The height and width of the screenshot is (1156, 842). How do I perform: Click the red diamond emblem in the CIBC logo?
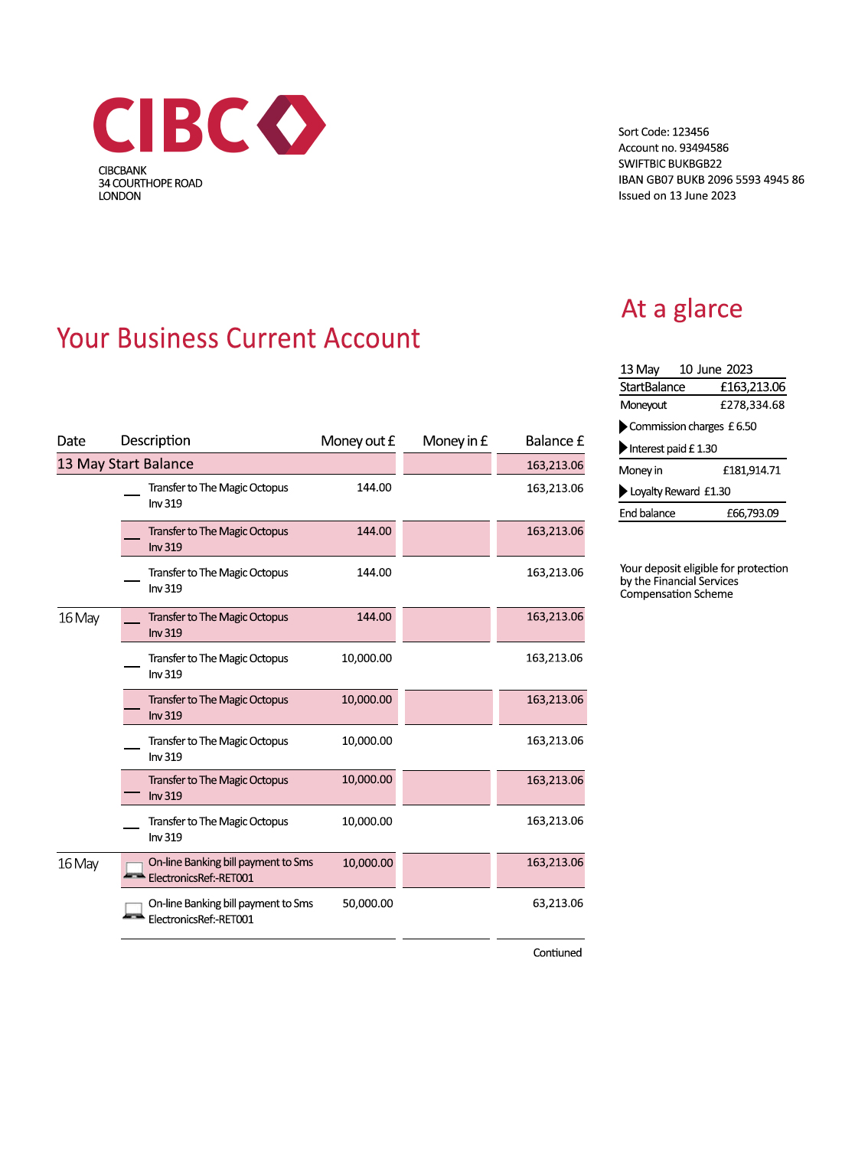pos(292,125)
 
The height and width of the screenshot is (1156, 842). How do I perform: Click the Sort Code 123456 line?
pos(663,132)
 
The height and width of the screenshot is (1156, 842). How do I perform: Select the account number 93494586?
pos(703,148)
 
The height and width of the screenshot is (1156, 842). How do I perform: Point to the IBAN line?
pos(710,179)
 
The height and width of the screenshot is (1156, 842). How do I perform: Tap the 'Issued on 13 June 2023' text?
pos(677,195)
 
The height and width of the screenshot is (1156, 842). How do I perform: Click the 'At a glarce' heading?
pos(681,309)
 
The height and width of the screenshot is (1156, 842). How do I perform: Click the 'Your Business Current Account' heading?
pos(238,338)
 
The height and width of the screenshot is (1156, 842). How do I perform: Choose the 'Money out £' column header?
pos(357,441)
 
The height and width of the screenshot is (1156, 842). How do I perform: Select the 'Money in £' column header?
pos(455,441)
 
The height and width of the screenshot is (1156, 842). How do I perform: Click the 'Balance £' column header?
pos(554,441)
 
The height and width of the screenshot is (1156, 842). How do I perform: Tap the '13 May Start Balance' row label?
pos(126,464)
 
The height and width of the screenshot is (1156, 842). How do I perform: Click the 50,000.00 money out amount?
pos(367,903)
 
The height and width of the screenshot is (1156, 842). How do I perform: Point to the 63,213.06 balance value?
pos(557,903)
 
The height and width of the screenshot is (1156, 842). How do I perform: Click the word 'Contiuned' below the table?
pos(557,952)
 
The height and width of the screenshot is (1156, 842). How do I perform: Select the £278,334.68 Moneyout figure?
pos(752,405)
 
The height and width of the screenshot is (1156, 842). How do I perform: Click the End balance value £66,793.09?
pos(752,513)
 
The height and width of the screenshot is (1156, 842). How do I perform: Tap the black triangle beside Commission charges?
pos(623,426)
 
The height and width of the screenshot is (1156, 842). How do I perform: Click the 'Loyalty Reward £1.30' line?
pos(680,491)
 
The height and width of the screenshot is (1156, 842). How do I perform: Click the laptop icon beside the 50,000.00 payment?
pos(134,911)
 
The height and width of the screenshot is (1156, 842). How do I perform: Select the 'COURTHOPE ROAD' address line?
pos(150,183)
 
